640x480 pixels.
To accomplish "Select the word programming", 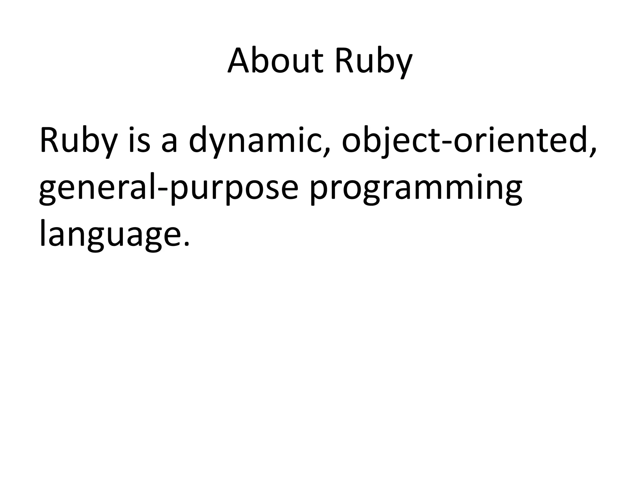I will [416, 189].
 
